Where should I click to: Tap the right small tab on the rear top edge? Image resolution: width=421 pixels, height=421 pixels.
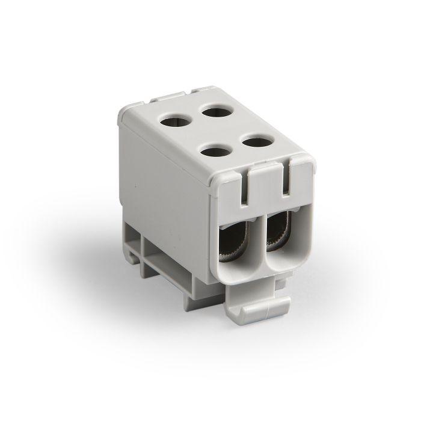point(201,90)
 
